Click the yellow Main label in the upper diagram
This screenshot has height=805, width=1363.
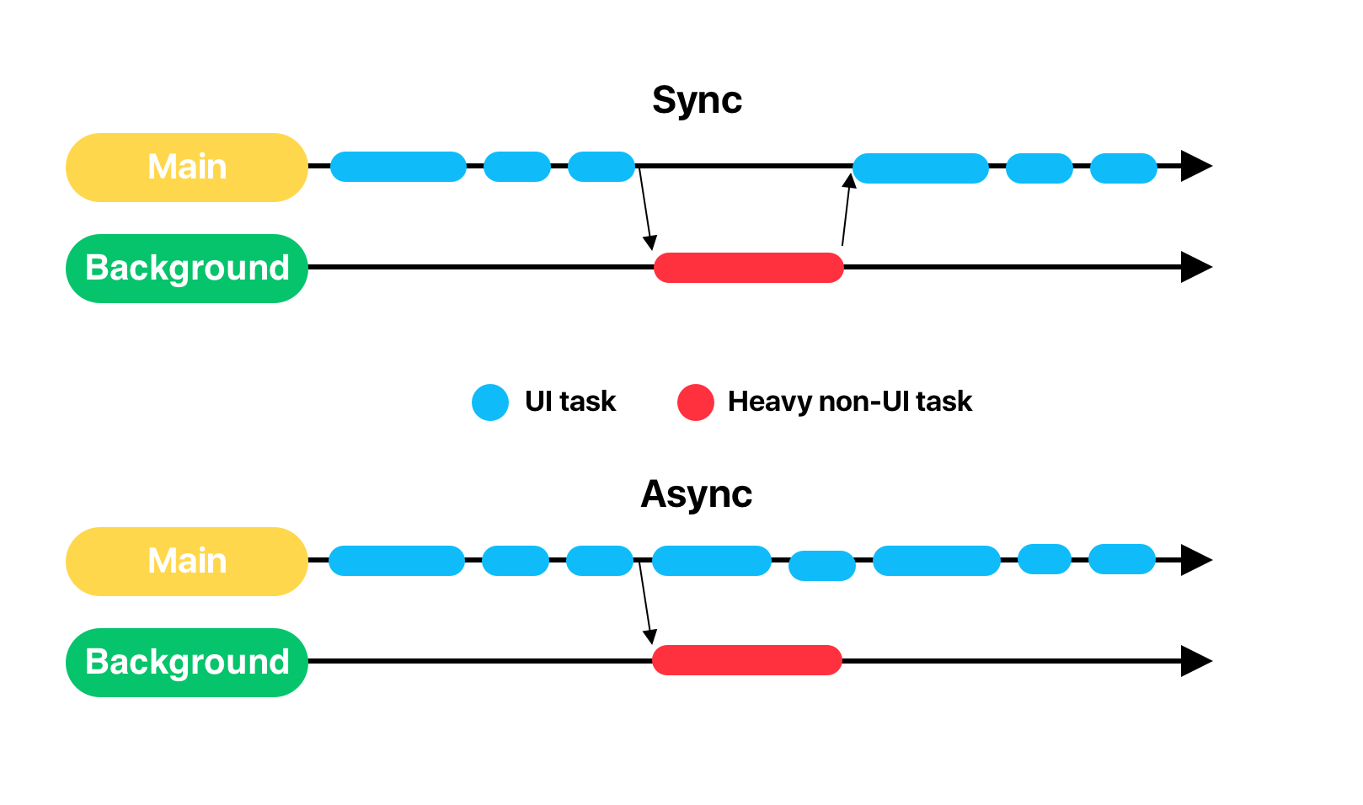coord(187,168)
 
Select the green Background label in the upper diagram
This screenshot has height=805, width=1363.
coord(187,269)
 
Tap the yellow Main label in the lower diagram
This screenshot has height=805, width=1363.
coord(187,562)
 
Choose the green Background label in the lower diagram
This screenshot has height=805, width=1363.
coord(187,663)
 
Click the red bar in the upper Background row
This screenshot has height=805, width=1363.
coord(749,268)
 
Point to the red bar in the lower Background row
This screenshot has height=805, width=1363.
coord(747,660)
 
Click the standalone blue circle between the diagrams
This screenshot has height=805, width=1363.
coord(490,402)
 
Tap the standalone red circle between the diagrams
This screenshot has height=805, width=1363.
coord(696,402)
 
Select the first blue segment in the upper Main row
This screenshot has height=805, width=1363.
coord(398,167)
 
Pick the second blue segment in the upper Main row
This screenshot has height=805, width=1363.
coord(517,167)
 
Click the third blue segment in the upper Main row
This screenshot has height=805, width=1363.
coord(601,167)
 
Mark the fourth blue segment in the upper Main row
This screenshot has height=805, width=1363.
coord(921,168)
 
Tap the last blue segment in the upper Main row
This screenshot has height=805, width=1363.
coord(1124,168)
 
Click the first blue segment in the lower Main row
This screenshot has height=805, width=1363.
coord(397,561)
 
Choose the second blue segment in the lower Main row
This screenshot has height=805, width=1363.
coord(516,561)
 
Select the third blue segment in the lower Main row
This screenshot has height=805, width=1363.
coord(600,561)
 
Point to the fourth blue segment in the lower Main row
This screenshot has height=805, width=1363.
coord(712,561)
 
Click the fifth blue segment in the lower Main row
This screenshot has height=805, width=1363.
coord(822,566)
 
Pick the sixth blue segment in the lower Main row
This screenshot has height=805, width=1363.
coord(937,561)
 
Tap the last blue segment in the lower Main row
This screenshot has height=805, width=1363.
coord(1122,559)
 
